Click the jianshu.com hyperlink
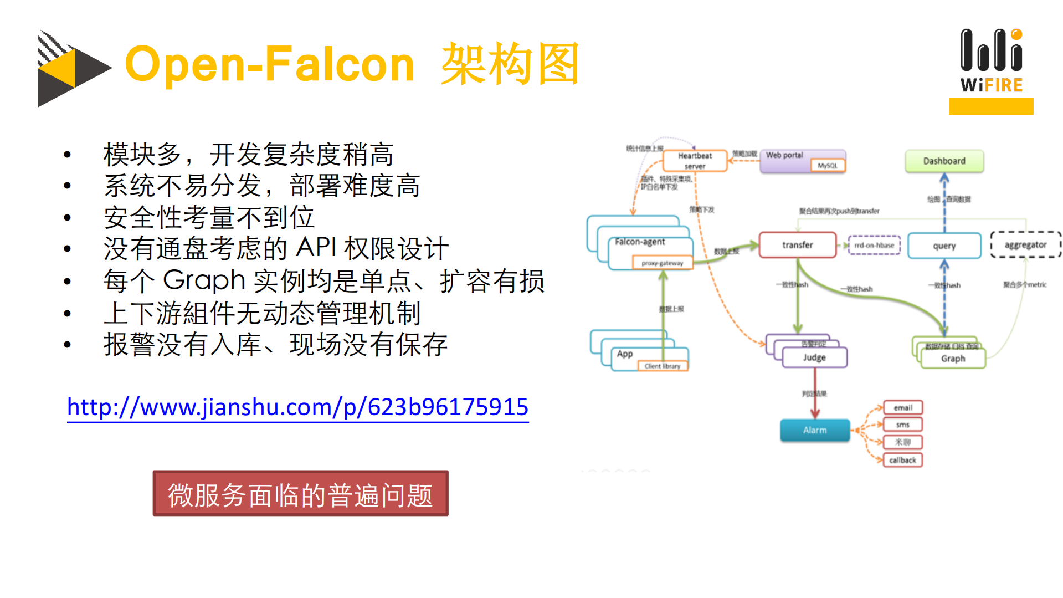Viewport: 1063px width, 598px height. (x=297, y=407)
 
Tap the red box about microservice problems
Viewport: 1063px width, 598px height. (x=300, y=494)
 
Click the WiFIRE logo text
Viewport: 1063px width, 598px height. (x=991, y=85)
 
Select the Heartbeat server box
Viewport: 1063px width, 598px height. (x=695, y=161)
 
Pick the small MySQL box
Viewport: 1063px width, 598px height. (x=828, y=166)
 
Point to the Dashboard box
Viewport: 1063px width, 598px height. (x=944, y=161)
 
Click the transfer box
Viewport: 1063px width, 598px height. (x=797, y=245)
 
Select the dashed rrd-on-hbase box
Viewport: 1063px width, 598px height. (x=874, y=245)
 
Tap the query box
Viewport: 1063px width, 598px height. (x=944, y=246)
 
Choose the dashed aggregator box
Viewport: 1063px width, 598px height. (x=1025, y=245)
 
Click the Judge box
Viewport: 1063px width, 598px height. (x=814, y=357)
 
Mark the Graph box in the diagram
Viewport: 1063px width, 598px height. (x=953, y=359)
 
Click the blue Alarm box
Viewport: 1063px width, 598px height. (x=814, y=430)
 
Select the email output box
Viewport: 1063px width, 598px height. (x=902, y=408)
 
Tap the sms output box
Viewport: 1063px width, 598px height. (x=902, y=425)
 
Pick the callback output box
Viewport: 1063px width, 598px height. (x=902, y=460)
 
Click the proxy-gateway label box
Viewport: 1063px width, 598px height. (x=662, y=263)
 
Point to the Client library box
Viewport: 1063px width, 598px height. (x=662, y=366)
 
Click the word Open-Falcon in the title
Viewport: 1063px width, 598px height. (x=270, y=65)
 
